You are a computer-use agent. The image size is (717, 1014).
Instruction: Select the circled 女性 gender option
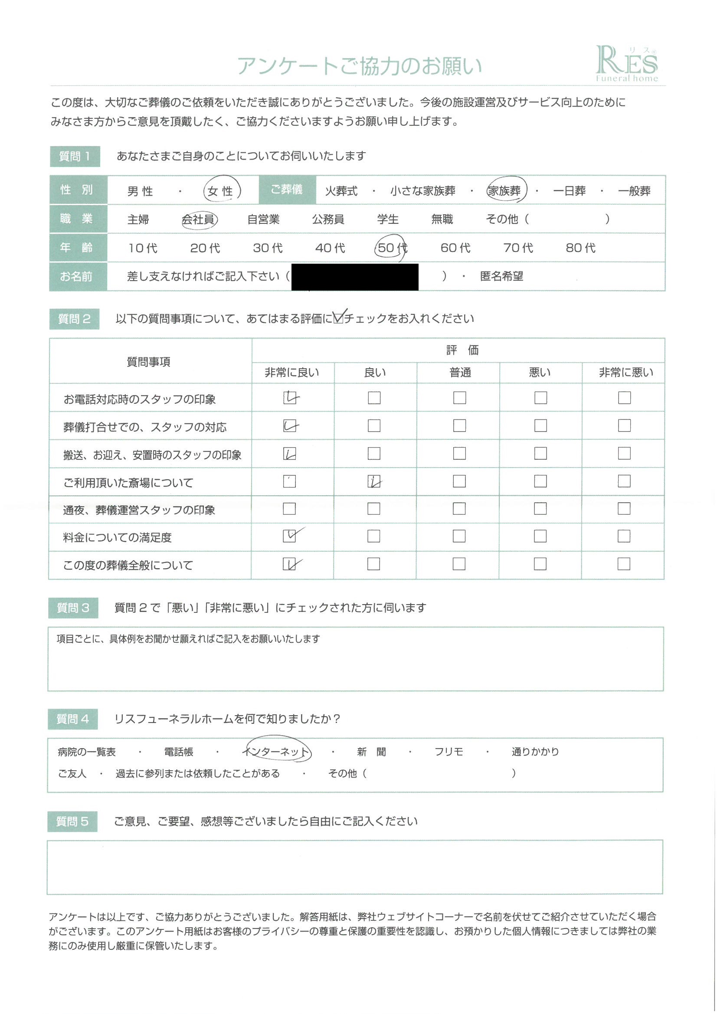pos(221,191)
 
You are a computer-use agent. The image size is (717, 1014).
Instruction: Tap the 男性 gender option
pos(140,191)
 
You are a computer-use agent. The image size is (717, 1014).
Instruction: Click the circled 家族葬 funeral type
pos(505,190)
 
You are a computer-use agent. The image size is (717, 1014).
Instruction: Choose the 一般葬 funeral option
pos(634,191)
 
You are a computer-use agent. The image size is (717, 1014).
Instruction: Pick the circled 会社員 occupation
pos(199,219)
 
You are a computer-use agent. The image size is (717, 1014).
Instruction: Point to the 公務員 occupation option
pos(328,219)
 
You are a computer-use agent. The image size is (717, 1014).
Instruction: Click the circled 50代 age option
pos(391,248)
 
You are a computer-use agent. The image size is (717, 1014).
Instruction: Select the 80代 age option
pos(580,248)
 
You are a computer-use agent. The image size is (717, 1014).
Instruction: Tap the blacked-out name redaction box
pos(355,277)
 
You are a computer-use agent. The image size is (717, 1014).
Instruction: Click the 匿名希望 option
pos(501,276)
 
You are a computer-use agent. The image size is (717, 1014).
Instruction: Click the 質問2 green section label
pos(74,319)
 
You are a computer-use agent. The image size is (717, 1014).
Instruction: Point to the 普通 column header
pos(460,373)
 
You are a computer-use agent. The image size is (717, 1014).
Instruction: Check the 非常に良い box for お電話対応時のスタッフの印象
pos(290,398)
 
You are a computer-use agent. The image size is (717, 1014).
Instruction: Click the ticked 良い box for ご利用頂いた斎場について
pos(374,481)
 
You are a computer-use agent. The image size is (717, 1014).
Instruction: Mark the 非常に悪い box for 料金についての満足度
pos(623,536)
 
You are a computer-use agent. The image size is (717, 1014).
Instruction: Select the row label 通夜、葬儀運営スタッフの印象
pos(139,510)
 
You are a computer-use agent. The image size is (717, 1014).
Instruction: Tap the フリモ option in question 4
pos(449,752)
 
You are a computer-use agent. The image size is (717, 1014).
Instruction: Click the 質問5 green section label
pos(72,821)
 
